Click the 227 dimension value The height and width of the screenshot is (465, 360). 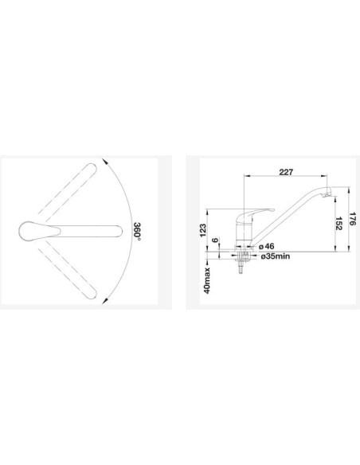[286, 172]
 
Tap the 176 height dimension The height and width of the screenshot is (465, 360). [352, 218]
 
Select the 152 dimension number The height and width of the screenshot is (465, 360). [338, 223]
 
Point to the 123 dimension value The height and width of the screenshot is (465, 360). [203, 230]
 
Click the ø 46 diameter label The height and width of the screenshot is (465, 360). [266, 246]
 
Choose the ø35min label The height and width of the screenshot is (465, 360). [276, 256]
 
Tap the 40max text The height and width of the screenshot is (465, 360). [207, 280]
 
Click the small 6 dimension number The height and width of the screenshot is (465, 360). [216, 240]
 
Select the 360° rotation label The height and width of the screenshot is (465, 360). [137, 231]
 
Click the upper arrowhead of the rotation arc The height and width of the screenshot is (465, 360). [104, 161]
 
